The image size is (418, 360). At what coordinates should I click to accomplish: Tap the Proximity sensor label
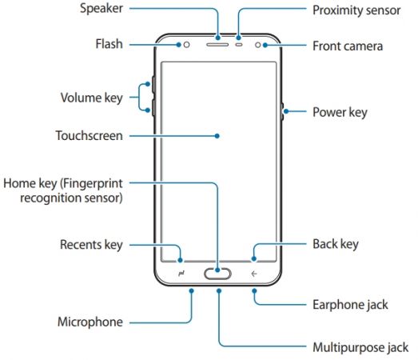pos(356,11)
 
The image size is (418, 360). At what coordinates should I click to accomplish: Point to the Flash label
pos(107,45)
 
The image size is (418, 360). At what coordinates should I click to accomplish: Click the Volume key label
pos(91,98)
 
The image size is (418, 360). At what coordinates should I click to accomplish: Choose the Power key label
pos(340,112)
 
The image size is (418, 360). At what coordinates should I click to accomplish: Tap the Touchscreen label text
pos(89,136)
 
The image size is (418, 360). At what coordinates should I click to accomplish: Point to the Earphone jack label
pos(350,304)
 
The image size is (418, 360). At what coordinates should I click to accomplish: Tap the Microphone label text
pos(90,322)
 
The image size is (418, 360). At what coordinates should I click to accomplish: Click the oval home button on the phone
pos(218,274)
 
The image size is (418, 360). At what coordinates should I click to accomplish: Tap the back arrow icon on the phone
pos(254,274)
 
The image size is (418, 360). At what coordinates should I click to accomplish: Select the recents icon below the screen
pos(181,274)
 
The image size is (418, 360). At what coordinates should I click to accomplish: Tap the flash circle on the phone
pos(185,45)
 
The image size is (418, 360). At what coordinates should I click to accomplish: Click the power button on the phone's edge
pos(284,113)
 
